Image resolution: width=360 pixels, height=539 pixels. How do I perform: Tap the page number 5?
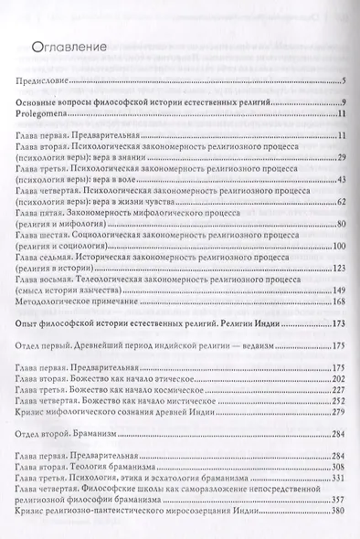341,82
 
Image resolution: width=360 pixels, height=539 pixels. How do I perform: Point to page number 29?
338,158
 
